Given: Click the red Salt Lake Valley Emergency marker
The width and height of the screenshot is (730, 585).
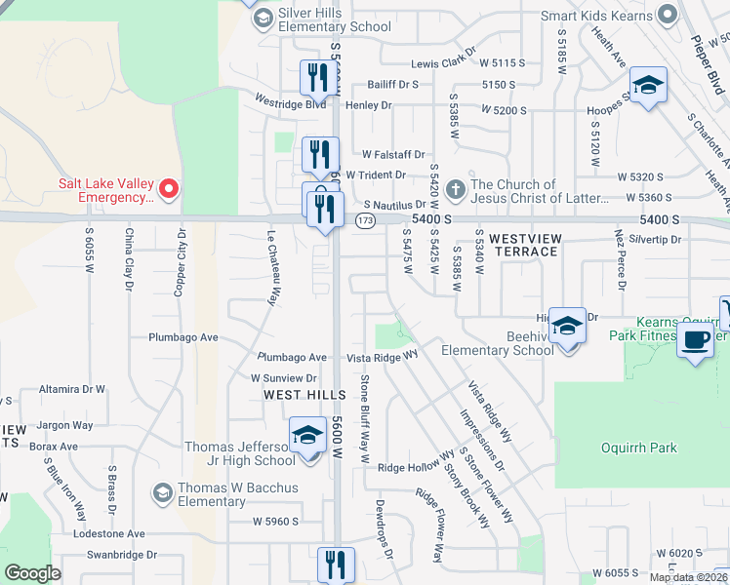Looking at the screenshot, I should pyautogui.click(x=168, y=187).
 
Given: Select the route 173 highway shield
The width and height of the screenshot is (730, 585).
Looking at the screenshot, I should pyautogui.click(x=365, y=222).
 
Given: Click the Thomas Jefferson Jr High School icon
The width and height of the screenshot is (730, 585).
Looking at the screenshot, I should pyautogui.click(x=307, y=435).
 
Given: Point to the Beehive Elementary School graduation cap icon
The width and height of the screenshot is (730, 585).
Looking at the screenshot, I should pyautogui.click(x=566, y=325).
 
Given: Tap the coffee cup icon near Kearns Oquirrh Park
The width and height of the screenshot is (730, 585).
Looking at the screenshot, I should pyautogui.click(x=696, y=341).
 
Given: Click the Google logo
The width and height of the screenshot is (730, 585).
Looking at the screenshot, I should pyautogui.click(x=32, y=573).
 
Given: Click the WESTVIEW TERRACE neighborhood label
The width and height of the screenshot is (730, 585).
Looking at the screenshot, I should pyautogui.click(x=523, y=245).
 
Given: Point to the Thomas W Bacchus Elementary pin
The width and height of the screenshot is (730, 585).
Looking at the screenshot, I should pyautogui.click(x=163, y=491).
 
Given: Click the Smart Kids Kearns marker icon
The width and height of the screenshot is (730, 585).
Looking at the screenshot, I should pyautogui.click(x=668, y=15).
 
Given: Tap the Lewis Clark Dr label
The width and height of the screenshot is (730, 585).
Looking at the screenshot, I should pyautogui.click(x=443, y=62).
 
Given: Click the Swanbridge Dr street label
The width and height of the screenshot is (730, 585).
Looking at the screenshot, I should pyautogui.click(x=121, y=555).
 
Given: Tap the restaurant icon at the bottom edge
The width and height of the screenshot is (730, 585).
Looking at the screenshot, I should pyautogui.click(x=336, y=563).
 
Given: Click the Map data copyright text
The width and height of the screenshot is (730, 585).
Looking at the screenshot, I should pyautogui.click(x=688, y=577).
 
